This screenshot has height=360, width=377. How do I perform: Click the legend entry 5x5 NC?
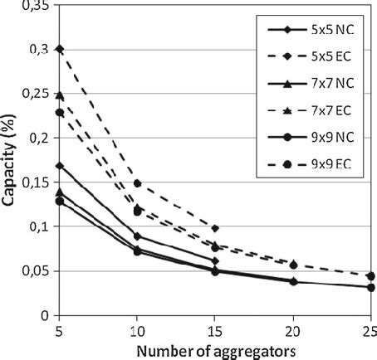[x=312, y=30]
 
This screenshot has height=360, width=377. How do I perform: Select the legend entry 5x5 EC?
[x=312, y=56]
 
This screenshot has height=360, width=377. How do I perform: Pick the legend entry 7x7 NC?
[x=312, y=83]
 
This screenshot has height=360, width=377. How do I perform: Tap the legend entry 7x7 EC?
[x=312, y=109]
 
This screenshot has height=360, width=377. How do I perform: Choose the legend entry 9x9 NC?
[x=312, y=136]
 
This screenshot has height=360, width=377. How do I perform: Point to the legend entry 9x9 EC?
[x=312, y=163]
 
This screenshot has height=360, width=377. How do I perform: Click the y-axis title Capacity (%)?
[x=11, y=158]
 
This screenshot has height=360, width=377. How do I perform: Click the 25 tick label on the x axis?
[x=370, y=329]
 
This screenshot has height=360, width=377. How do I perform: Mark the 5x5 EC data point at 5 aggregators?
[x=59, y=49]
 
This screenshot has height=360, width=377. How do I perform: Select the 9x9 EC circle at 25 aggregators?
[x=370, y=276]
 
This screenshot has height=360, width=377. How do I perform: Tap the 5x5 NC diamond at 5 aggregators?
[x=59, y=166]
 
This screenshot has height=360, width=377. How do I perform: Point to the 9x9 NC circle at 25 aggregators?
[x=370, y=287]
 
